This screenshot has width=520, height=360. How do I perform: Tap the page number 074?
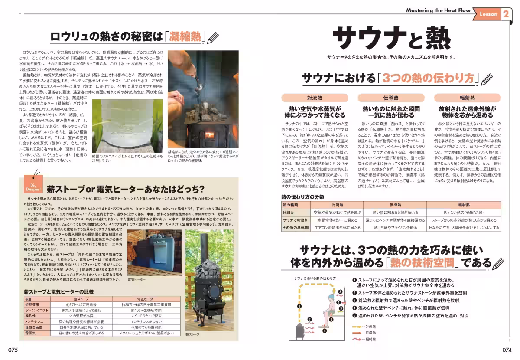507,350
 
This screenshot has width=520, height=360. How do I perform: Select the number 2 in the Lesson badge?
505,14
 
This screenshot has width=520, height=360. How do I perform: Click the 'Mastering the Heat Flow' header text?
438,10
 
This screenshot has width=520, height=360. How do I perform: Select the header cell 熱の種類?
296,205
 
